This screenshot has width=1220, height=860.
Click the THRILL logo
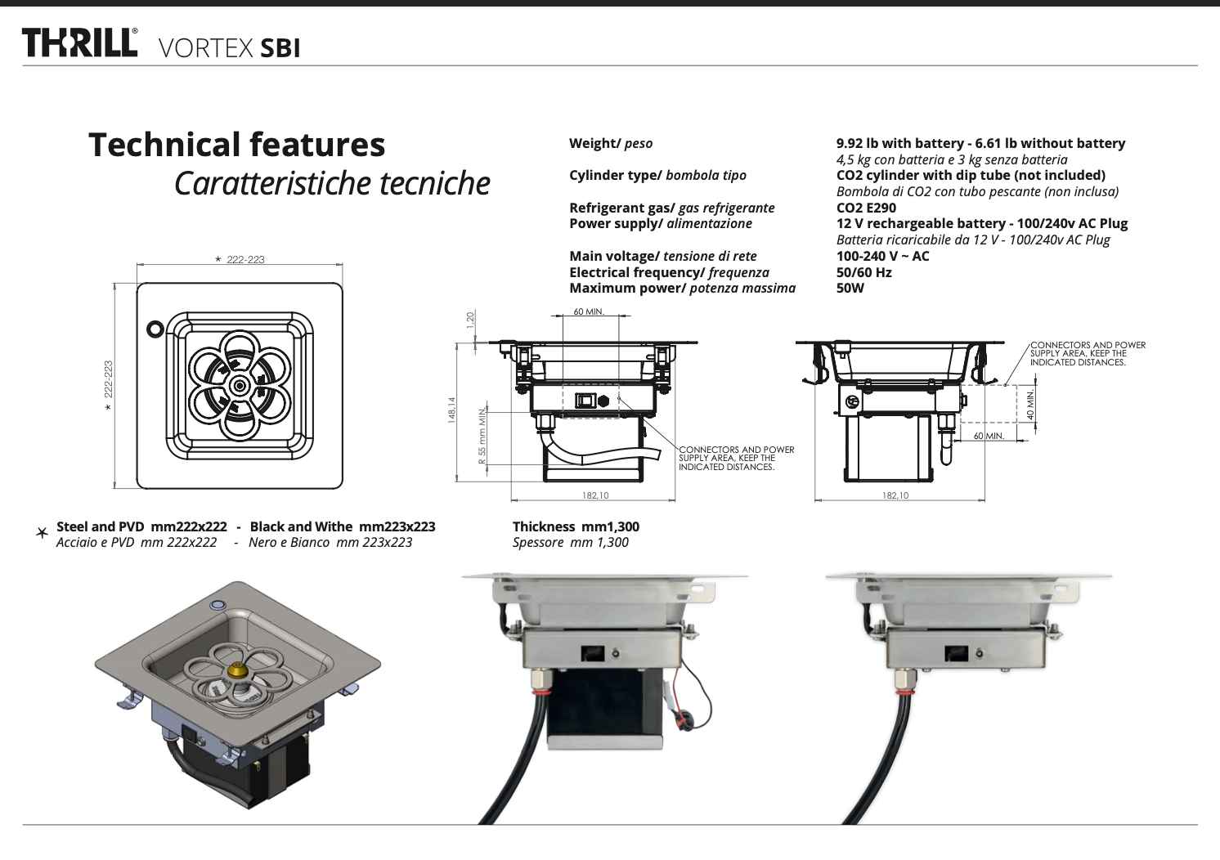pos(79,43)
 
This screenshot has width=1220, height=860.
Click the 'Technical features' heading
pos(236,145)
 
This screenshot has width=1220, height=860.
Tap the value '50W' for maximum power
pos(850,288)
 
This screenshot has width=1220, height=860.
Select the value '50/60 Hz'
pos(863,272)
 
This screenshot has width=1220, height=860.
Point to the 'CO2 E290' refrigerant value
pos(866,208)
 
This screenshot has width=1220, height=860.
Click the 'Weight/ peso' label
pos(610,144)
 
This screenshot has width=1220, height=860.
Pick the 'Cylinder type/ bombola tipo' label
pos(657,175)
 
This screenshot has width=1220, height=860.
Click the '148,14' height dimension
pos(451,410)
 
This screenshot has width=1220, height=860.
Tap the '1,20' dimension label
pos(470,320)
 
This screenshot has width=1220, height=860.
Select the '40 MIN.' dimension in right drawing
pos(1031,405)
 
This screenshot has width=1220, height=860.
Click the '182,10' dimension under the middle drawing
pos(594,495)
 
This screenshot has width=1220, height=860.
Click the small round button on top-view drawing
pos(154,329)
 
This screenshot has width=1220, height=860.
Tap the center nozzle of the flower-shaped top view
pos(240,385)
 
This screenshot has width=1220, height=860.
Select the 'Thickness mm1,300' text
pos(576,526)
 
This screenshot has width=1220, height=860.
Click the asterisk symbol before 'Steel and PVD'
pos(42,533)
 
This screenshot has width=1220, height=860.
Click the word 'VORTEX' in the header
pos(204,48)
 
